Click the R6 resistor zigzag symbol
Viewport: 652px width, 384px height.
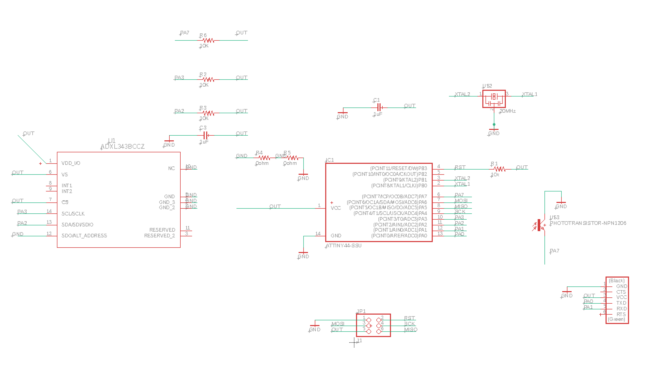208,40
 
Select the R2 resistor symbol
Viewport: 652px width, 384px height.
208,80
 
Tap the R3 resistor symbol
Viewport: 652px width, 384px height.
208,113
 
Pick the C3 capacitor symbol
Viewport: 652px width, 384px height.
206,135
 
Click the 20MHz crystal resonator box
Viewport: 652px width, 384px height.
494,99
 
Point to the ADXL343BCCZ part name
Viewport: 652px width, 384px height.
123,147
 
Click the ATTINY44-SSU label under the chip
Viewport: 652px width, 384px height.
343,246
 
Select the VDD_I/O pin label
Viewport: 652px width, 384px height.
71,163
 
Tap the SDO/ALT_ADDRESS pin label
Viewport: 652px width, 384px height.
84,236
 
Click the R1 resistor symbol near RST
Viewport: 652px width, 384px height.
500,169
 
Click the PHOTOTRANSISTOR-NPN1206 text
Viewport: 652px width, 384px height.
588,223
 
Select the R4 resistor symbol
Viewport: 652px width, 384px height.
264,158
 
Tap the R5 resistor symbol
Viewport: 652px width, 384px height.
292,158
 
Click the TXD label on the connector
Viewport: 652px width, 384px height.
621,303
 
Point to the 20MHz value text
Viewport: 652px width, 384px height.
508,111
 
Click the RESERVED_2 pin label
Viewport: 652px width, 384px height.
159,236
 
